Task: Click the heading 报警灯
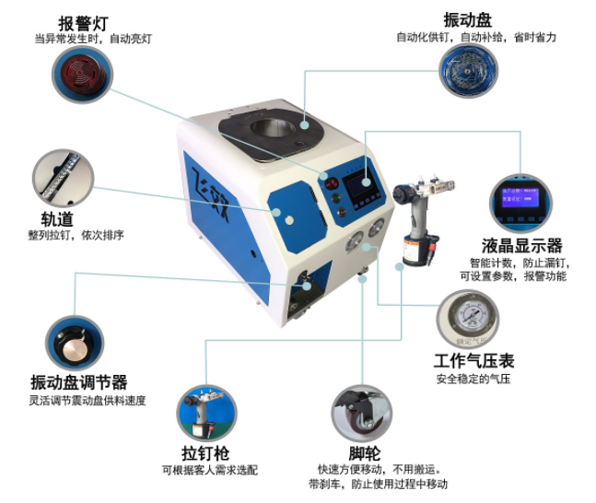tap(83, 24)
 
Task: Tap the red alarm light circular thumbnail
tap(82, 75)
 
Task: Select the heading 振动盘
tap(467, 20)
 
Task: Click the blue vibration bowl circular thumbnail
tap(468, 70)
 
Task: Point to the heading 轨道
tap(57, 219)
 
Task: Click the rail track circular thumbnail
tap(63, 179)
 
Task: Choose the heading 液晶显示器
tap(522, 246)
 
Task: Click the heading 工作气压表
tap(474, 361)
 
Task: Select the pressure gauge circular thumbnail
tap(468, 319)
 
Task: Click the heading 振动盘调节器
tap(78, 382)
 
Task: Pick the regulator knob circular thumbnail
tap(75, 344)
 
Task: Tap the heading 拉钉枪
tap(205, 453)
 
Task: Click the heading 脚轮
tap(365, 453)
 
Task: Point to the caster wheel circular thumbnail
tap(361, 414)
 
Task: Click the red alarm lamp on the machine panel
tap(332, 184)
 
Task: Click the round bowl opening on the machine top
tap(272, 130)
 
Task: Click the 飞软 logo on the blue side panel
tap(210, 194)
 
